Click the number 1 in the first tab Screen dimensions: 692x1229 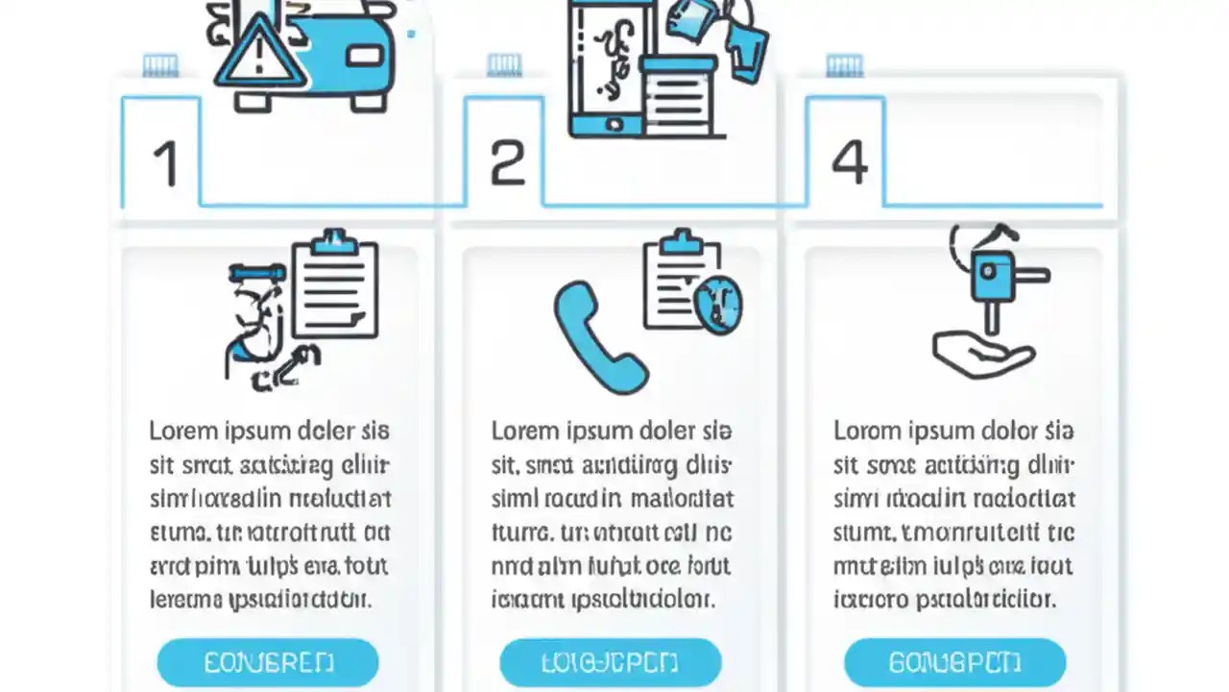(165, 162)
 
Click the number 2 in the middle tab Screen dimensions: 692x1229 (507, 162)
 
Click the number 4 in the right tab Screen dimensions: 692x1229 (849, 161)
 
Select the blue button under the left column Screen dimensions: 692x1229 (268, 662)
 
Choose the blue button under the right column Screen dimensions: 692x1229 (954, 662)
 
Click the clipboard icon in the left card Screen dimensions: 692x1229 (335, 286)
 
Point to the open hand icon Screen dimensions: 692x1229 (981, 354)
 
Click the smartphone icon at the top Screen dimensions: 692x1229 (605, 67)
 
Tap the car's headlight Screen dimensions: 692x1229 (365, 56)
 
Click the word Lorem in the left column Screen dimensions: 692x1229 (180, 431)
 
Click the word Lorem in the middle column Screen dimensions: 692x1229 (521, 431)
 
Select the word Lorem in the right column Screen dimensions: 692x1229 (863, 431)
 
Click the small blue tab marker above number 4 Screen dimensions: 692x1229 (844, 65)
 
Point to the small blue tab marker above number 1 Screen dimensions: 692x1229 (160, 65)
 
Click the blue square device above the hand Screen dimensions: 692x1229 (993, 277)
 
